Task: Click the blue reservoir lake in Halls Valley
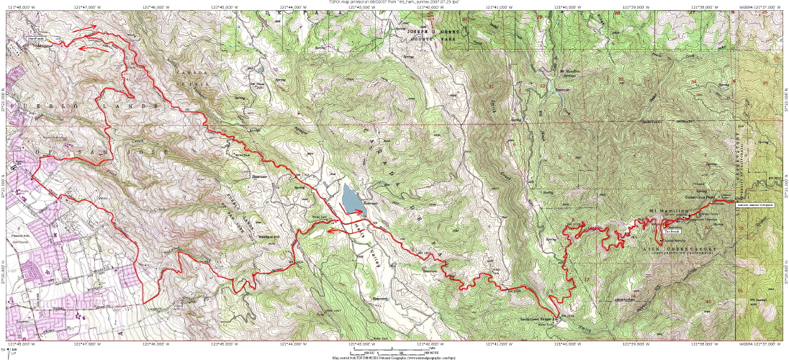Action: coord(351,197)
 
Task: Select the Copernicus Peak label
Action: coord(698,195)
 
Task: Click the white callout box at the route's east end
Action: coord(756,205)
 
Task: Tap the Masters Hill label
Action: coord(268,236)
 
